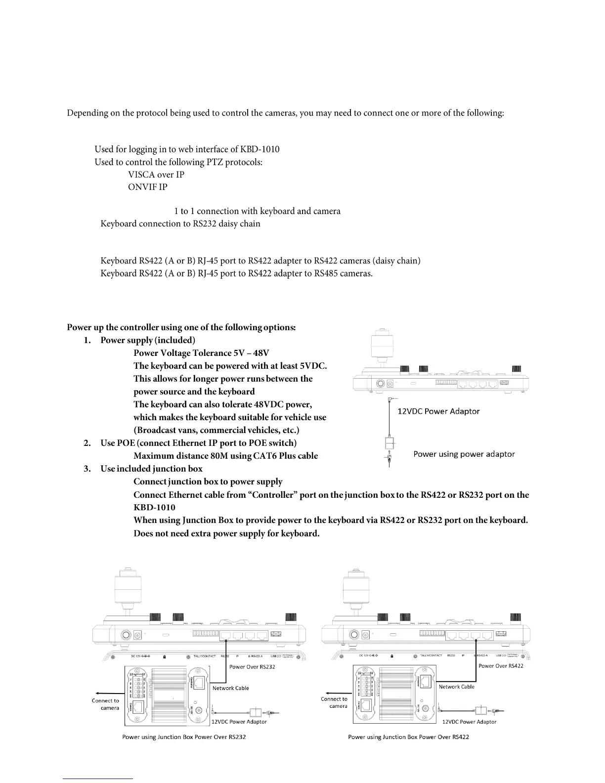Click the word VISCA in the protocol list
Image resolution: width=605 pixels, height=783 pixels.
coord(139,174)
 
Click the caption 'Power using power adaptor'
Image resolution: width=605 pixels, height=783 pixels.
coord(464,454)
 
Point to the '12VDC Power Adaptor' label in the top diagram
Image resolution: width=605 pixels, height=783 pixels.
coord(438,411)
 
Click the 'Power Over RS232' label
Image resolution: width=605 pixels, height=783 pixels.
coord(252,666)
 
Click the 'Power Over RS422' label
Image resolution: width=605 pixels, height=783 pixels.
coord(501,666)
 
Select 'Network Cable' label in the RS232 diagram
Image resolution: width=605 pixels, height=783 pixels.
coord(230,688)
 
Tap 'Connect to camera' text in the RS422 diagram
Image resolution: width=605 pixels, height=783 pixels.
coord(334,702)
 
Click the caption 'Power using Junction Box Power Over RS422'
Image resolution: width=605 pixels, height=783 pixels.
coord(408,737)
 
